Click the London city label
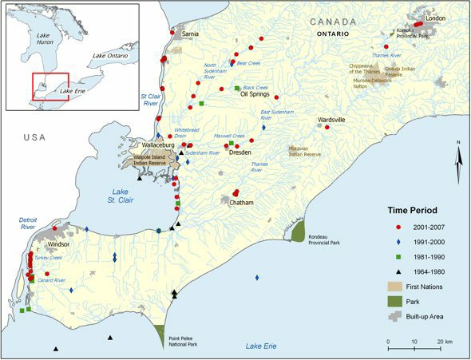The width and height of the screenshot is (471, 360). pos(435,18)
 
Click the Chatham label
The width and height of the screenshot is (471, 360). pos(241,204)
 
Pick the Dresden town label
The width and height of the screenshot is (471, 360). pos(239,152)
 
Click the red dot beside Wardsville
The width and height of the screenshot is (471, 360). pos(327,128)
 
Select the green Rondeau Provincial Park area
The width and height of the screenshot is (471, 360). pos(298,231)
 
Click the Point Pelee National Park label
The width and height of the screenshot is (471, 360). pos(184,341)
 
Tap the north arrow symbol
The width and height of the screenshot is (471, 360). pos(459,164)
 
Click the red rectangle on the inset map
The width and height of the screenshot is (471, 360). pos(51,86)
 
